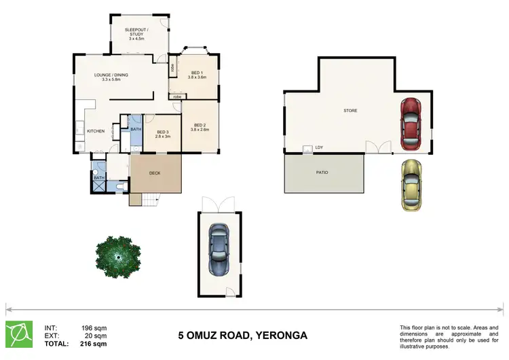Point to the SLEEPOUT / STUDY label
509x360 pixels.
[138, 33]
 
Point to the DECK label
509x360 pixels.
[155, 173]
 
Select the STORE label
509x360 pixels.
[350, 110]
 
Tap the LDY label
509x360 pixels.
[319, 147]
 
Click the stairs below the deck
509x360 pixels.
[149, 200]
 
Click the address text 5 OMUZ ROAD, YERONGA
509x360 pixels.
[243, 336]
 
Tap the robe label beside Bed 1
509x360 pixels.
[173, 67]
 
